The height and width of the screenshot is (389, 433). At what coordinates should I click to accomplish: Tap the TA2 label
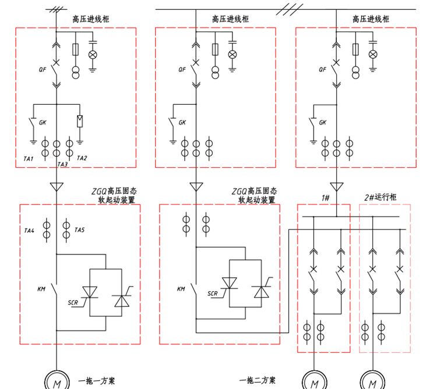click(82, 158)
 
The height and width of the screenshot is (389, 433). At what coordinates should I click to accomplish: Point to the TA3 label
click(62, 165)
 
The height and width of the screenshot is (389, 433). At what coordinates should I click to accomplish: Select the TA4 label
click(29, 231)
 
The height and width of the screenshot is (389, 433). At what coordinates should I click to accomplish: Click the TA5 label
click(80, 231)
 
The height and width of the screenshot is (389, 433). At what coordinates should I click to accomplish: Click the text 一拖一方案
click(96, 381)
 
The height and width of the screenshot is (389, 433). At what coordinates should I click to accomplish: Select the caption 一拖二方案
click(258, 381)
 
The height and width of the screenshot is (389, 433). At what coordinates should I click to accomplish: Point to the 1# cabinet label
click(325, 198)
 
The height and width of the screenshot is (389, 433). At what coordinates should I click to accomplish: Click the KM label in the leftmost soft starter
click(41, 288)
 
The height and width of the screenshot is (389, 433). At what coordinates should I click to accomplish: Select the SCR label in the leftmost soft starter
click(73, 303)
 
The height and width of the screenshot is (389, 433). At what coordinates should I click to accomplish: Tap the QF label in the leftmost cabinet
click(42, 69)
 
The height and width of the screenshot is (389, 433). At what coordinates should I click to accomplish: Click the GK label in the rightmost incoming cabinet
click(322, 123)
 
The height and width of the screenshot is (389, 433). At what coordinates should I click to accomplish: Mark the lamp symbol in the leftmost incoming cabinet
click(92, 54)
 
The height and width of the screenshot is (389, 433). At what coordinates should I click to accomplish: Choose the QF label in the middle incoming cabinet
click(182, 69)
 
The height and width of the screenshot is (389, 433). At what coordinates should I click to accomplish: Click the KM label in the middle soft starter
click(181, 288)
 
